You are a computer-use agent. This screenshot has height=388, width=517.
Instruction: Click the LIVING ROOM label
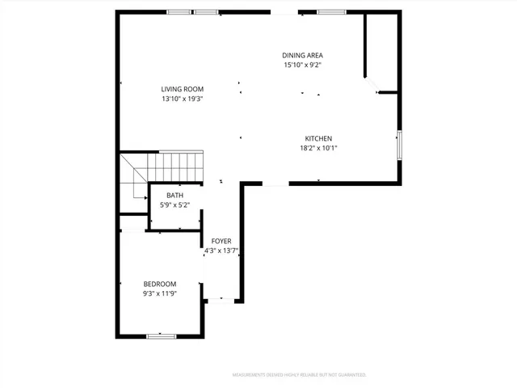tap(182, 89)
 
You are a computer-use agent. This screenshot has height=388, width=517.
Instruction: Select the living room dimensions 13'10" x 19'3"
tap(182, 99)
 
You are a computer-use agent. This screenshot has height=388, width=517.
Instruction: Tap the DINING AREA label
tap(303, 55)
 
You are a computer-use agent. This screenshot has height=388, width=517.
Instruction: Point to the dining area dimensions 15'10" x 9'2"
tap(303, 65)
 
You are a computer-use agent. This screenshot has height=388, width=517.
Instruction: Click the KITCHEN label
tap(318, 138)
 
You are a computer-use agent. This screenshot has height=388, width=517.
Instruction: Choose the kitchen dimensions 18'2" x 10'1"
tap(318, 148)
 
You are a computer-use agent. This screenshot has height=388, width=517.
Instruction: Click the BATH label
tap(174, 196)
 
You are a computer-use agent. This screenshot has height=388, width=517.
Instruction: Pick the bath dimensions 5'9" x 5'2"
tap(174, 205)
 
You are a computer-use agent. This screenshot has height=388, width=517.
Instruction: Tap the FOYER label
tap(221, 241)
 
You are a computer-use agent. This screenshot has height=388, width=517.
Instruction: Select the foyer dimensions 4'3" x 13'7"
tap(221, 251)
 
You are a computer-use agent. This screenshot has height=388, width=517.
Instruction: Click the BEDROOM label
tap(160, 284)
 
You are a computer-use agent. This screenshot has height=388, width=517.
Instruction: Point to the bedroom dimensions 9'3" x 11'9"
tap(160, 293)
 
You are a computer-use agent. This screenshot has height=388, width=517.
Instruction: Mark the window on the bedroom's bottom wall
tap(162, 335)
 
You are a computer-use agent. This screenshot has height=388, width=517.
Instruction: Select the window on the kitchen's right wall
tap(399, 143)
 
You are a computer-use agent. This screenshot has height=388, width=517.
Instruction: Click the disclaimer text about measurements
tap(299, 375)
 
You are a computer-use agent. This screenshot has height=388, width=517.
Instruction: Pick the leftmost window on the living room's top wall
tap(179, 12)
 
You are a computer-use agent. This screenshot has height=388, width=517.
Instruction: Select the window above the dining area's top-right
tap(329, 12)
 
